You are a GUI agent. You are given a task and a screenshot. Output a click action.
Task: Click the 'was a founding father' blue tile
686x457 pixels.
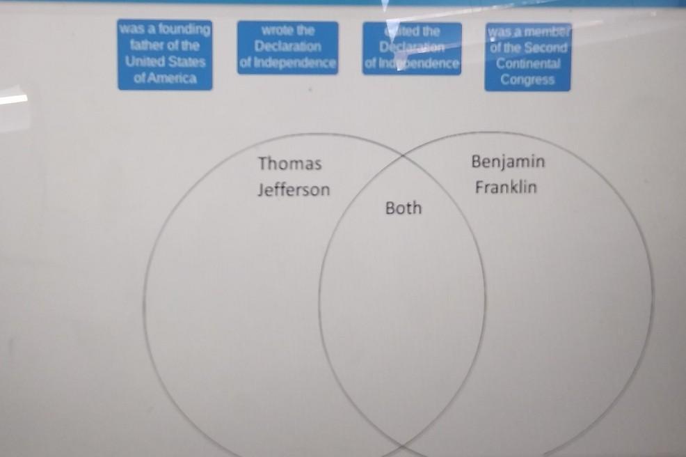click(x=165, y=54)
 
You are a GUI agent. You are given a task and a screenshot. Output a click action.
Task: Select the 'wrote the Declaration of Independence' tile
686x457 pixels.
click(x=287, y=47)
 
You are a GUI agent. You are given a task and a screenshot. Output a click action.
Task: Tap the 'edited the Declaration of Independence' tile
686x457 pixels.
click(x=412, y=48)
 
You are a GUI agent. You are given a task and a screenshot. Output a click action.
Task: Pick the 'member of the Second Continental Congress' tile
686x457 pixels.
click(x=527, y=56)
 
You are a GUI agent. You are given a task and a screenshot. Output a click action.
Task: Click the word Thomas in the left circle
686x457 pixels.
click(x=290, y=164)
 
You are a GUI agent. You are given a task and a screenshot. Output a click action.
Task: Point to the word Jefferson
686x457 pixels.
click(x=293, y=189)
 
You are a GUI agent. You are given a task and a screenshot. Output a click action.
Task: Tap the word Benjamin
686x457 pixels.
click(x=508, y=162)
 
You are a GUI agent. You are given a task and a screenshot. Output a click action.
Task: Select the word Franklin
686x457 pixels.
click(x=506, y=187)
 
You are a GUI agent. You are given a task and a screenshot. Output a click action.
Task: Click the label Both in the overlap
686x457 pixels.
click(x=404, y=208)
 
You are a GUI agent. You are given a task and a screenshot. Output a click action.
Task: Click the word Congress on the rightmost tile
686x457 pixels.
click(x=527, y=79)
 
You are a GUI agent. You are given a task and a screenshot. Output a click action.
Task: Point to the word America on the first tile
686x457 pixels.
click(x=164, y=79)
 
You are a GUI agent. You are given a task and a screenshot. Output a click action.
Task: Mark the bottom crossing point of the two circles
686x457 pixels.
click(x=403, y=442)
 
